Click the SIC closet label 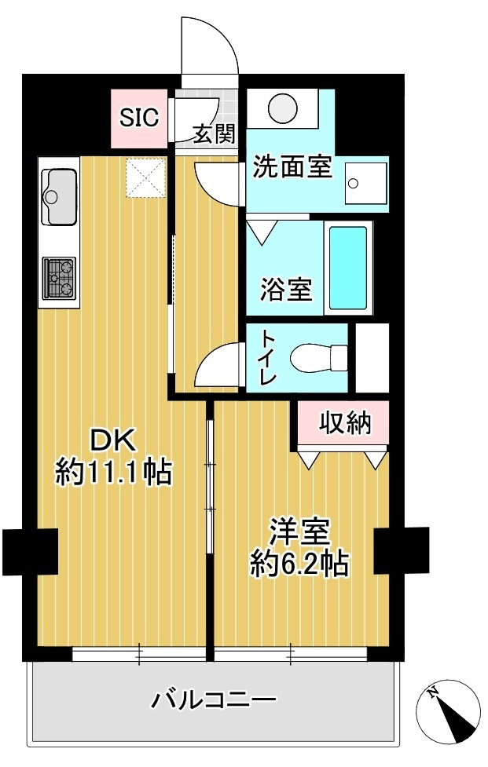click(139, 118)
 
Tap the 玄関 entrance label click(214, 134)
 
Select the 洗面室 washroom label click(292, 167)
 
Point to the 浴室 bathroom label click(286, 290)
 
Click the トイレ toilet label click(268, 357)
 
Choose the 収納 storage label click(343, 423)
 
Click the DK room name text click(112, 440)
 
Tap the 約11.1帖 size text click(113, 472)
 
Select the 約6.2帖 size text click(299, 563)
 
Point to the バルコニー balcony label click(214, 698)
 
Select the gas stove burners click(60, 278)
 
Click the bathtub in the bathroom click(347, 268)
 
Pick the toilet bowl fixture click(317, 359)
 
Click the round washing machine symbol click(282, 107)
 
